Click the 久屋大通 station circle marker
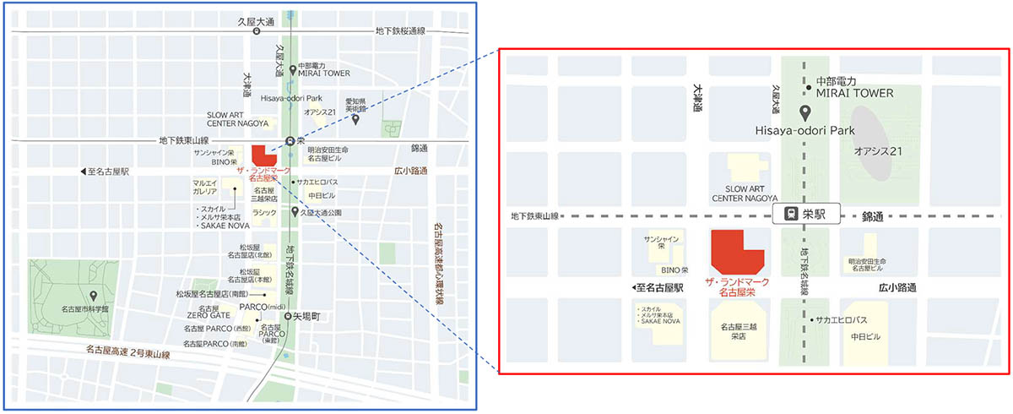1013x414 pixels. [x=256, y=31]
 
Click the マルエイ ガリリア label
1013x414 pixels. [x=205, y=186]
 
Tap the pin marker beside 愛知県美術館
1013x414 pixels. [x=356, y=120]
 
